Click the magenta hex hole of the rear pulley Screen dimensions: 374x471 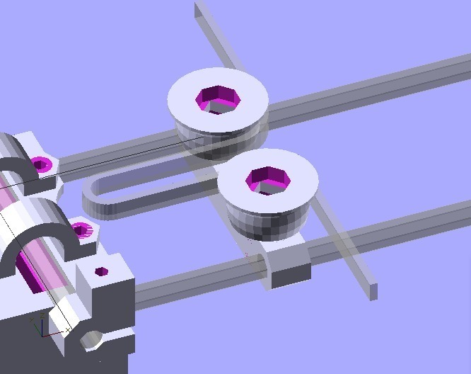pos(217,99)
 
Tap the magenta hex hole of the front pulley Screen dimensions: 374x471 pos(267,181)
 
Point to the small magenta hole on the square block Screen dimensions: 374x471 pos(101,271)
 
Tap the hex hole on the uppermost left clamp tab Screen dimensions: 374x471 pos(42,165)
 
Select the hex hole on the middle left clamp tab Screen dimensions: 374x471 pos(82,229)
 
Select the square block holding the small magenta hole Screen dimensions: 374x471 pos(106,297)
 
